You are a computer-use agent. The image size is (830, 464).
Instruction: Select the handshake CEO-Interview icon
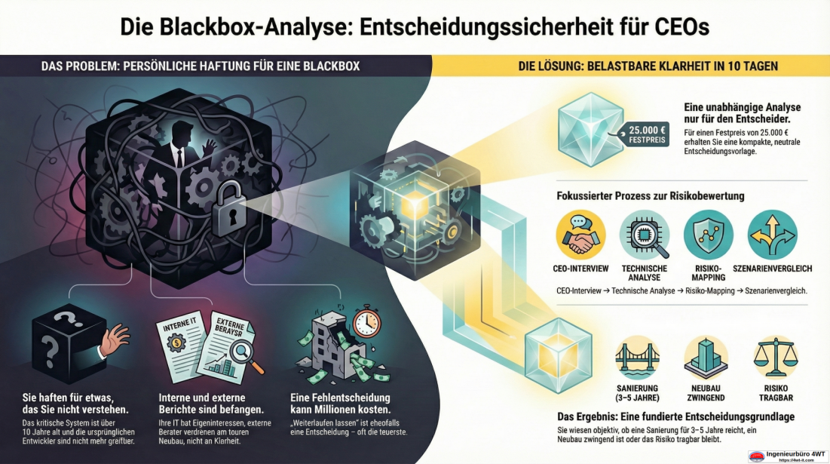coord(580,235)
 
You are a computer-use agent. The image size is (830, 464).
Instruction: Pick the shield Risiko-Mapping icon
coord(708,235)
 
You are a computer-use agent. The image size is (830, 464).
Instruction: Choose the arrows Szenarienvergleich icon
coord(772,235)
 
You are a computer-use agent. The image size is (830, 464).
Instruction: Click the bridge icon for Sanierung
coord(638,358)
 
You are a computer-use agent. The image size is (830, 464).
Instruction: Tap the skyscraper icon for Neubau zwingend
coord(706,358)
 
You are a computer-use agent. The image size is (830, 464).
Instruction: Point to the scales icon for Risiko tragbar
coord(774,358)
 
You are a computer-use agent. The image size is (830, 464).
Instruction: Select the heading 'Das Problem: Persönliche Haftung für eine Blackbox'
coord(200,66)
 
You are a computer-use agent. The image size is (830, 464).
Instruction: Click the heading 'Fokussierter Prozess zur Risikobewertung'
coord(650,196)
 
